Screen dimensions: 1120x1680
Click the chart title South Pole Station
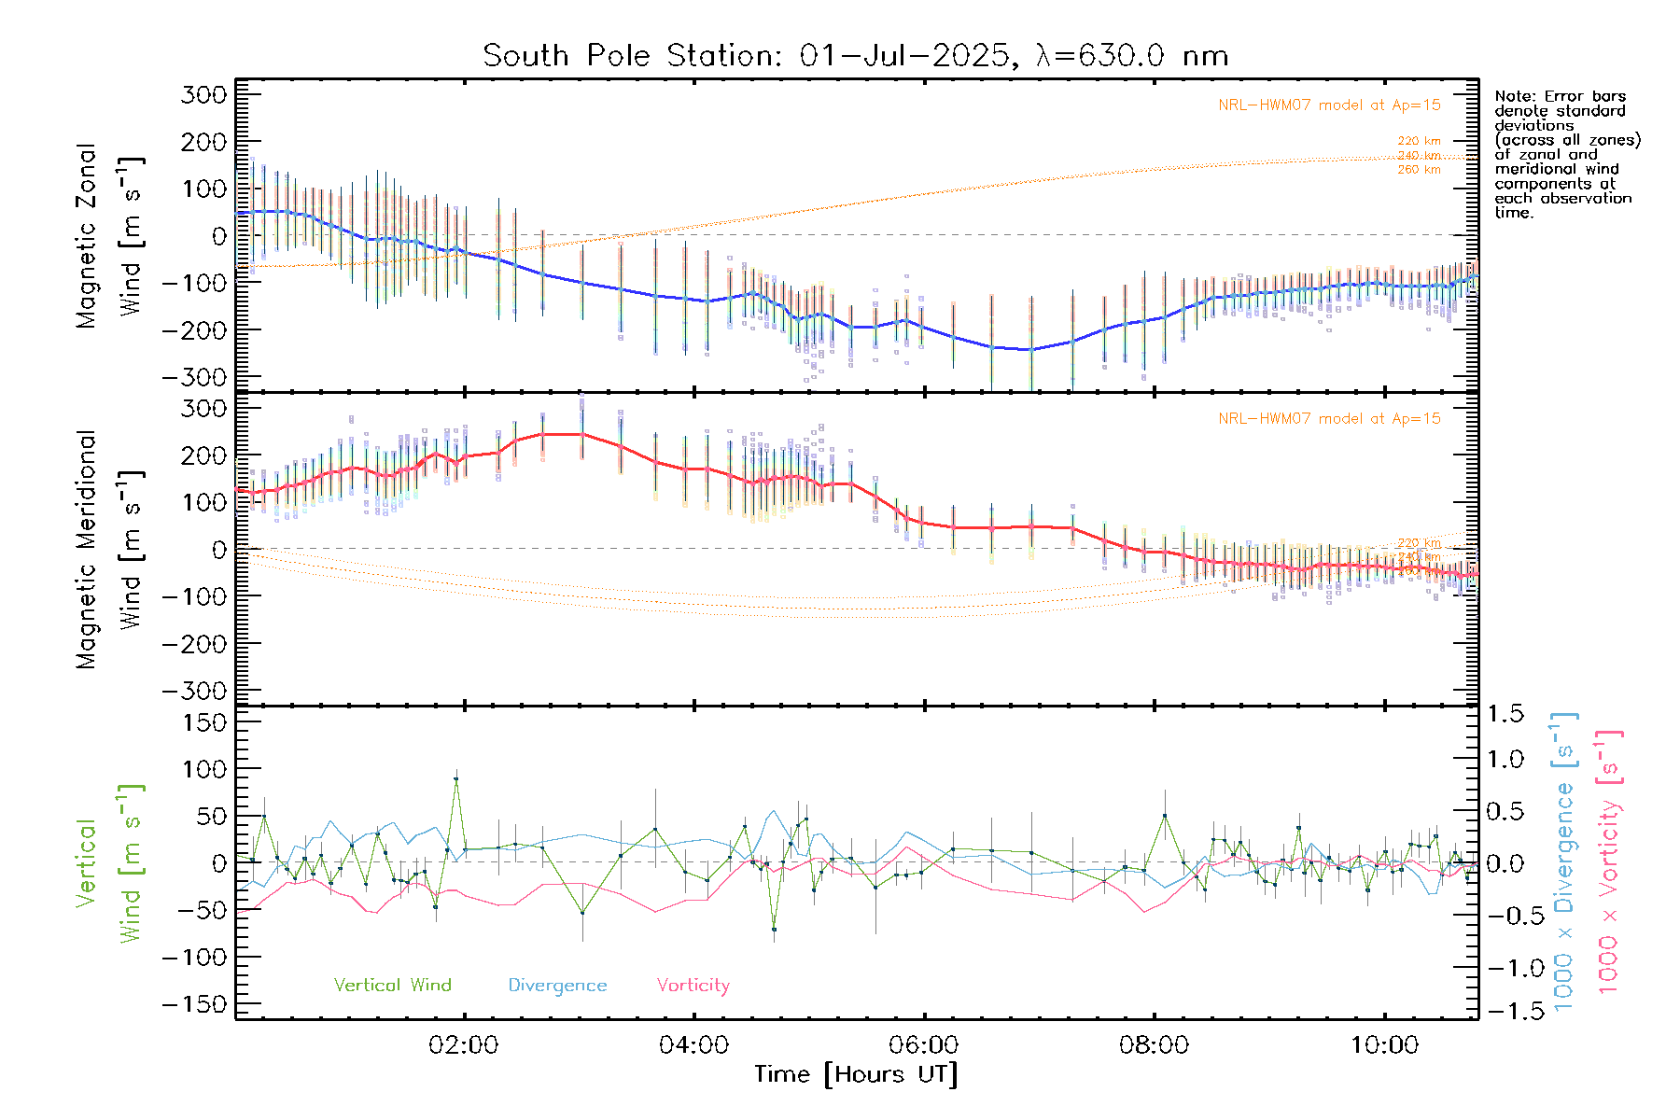tap(854, 56)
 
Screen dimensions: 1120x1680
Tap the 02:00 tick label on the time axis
tap(464, 1045)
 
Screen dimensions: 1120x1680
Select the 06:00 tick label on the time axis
tap(924, 1045)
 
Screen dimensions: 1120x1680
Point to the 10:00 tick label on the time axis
tap(1384, 1045)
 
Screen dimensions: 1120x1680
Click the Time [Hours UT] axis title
tap(856, 1074)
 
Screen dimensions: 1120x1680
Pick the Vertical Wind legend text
tap(392, 985)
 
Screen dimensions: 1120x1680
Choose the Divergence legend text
tap(557, 986)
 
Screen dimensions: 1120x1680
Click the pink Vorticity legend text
tap(693, 985)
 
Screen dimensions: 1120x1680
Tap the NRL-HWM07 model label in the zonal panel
tap(1329, 105)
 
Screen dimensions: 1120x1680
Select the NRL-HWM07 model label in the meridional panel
tap(1329, 419)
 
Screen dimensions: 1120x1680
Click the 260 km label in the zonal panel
tap(1419, 170)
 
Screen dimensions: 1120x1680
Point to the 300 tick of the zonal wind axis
tap(203, 94)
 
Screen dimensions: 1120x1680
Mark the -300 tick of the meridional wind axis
tap(194, 691)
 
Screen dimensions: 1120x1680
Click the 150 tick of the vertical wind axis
tap(203, 722)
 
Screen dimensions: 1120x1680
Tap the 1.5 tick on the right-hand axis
tap(1505, 714)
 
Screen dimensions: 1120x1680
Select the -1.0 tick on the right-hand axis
tap(1504, 968)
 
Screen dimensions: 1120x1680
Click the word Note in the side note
tap(1512, 96)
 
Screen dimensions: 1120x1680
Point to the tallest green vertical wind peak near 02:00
tap(455, 778)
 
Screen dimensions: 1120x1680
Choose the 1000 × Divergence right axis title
tap(1564, 861)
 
